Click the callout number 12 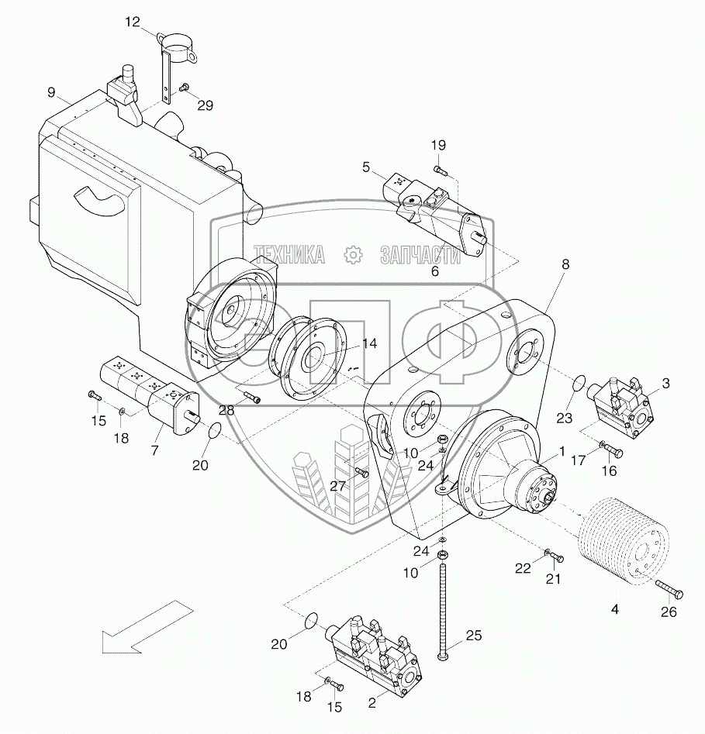[x=133, y=22]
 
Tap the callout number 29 [x=205, y=105]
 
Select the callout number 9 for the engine [x=51, y=92]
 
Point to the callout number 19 [x=439, y=145]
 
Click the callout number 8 [x=565, y=264]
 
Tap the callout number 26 [x=669, y=612]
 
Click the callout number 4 [x=615, y=610]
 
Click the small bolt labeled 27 [x=361, y=471]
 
